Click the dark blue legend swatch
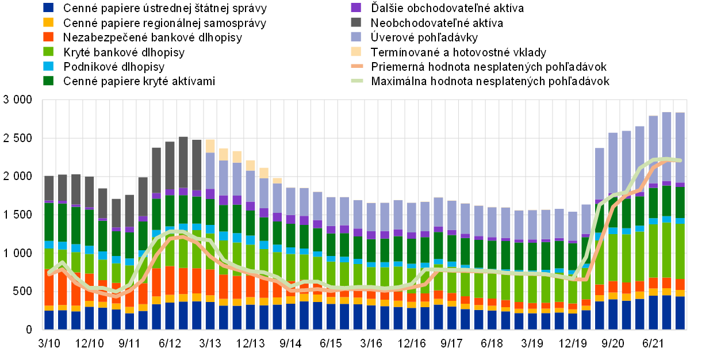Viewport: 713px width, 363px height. tap(48, 7)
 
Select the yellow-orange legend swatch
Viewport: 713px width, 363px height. tap(48, 22)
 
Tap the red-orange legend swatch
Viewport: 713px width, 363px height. tap(48, 36)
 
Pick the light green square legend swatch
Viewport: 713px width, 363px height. tap(48, 51)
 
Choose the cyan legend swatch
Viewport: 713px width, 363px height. tap(48, 66)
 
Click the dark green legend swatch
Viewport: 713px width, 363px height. tap(48, 81)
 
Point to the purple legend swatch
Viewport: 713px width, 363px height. tap(356, 7)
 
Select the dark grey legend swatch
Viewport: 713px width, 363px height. tap(356, 22)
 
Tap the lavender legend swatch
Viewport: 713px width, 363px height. tap(356, 36)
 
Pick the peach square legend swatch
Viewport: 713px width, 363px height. tap(356, 51)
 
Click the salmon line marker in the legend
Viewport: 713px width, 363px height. tap(357, 66)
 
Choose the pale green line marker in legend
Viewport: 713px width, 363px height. tap(357, 81)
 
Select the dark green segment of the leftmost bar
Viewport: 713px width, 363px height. tap(49, 221)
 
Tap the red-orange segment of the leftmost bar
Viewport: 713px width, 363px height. tap(49, 288)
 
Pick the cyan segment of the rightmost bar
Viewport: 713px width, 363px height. tap(680, 221)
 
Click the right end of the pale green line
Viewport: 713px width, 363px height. tap(680, 161)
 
